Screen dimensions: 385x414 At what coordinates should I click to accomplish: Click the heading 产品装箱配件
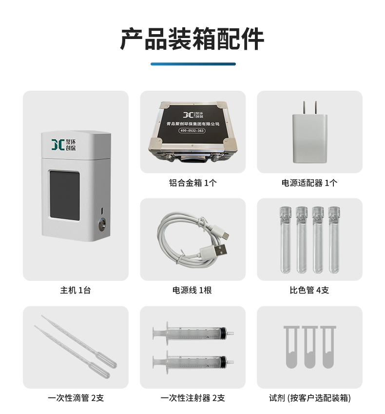[192, 39]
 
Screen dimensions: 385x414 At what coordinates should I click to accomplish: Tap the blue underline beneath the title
[193, 64]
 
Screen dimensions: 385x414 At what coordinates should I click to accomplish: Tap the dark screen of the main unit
[65, 196]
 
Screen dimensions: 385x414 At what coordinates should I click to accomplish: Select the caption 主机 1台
[76, 290]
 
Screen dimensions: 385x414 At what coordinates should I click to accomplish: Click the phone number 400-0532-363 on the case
[192, 130]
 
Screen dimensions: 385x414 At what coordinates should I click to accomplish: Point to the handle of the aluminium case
[192, 158]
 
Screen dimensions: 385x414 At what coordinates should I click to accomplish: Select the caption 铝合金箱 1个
[193, 183]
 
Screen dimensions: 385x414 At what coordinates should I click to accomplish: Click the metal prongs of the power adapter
[310, 108]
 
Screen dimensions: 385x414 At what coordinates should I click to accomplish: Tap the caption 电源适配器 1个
[309, 183]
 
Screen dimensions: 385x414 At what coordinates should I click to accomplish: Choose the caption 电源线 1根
[192, 290]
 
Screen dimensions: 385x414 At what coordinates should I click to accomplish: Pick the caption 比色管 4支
[309, 290]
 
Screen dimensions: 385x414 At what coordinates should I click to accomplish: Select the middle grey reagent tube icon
[310, 347]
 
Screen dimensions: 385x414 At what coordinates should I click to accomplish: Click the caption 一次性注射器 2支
[192, 398]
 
